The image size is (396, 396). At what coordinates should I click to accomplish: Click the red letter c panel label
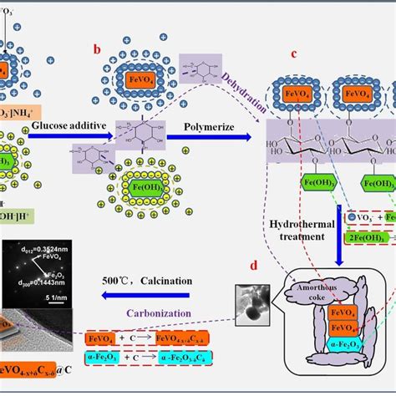coord(293,55)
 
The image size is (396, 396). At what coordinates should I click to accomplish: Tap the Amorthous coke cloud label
coord(317,288)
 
